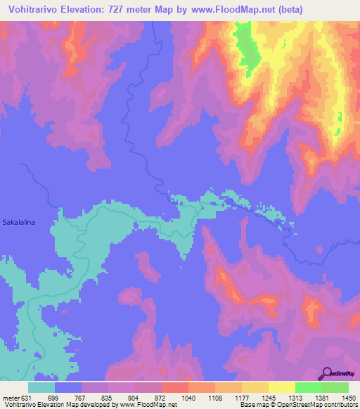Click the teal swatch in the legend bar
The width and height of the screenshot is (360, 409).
[x=41, y=387]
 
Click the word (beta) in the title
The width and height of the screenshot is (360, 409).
[x=333, y=10]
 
